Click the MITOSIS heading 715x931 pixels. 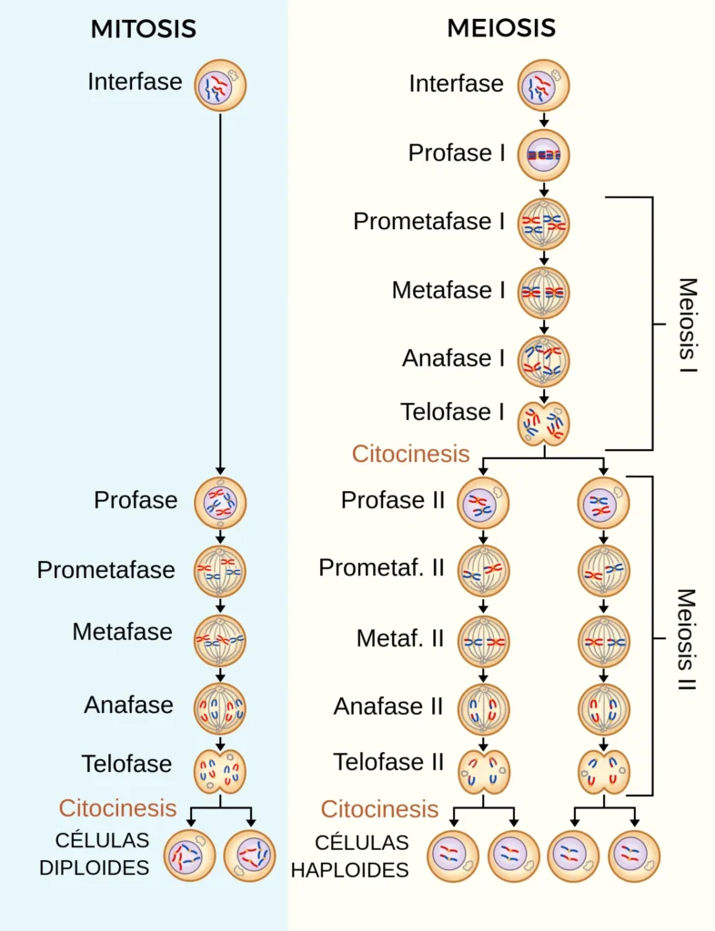coord(143,29)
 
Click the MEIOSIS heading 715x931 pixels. coord(501,29)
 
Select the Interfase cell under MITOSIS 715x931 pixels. coord(220,85)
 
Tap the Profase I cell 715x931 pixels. coord(544,155)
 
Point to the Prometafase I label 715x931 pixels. coord(428,222)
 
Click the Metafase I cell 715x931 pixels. coord(544,292)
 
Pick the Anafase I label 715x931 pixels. coord(453,358)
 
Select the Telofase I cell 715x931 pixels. coord(544,423)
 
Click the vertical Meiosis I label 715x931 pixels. coord(689,327)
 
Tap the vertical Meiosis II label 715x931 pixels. coord(687,640)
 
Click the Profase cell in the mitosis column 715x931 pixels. coord(220,502)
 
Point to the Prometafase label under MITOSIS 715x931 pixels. coord(106,570)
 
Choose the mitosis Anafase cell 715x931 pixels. coord(220,709)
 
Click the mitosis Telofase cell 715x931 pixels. coord(220,771)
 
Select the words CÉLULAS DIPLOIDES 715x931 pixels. coord(95,854)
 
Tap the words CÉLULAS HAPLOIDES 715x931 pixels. coord(349,856)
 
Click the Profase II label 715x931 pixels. coord(393,500)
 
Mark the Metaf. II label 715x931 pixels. coord(400,638)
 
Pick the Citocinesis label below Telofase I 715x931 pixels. coord(411,454)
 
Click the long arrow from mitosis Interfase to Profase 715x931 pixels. coord(220,291)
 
